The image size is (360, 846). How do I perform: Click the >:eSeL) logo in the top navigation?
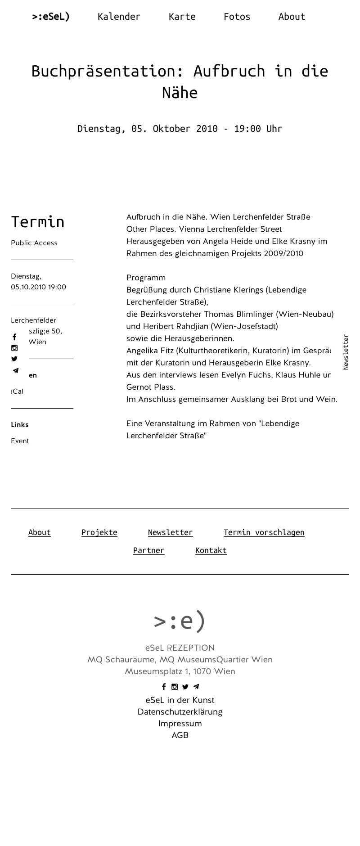[51, 17]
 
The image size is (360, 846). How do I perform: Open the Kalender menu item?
[119, 17]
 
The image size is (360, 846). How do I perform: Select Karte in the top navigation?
[182, 17]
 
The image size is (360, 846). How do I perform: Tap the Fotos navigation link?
[237, 17]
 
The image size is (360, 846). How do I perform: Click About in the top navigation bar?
[292, 17]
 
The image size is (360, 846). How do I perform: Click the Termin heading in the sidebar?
[38, 222]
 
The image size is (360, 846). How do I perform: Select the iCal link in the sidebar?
[17, 391]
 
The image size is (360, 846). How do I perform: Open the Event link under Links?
[20, 441]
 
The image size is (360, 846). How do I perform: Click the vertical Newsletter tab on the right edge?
[346, 352]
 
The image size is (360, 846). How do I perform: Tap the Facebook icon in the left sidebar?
[14, 337]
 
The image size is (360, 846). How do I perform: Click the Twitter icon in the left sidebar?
[14, 359]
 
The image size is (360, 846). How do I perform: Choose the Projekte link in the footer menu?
[99, 532]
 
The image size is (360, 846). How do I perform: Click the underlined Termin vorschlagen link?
[264, 532]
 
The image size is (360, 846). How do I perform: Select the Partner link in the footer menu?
[149, 550]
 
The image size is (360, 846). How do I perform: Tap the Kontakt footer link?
[211, 550]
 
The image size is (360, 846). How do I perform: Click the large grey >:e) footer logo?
[180, 621]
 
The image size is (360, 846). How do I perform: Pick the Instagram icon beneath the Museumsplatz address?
[175, 687]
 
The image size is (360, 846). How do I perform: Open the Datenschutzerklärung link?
[180, 712]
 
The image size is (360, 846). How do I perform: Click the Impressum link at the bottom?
[180, 724]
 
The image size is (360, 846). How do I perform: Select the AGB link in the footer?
[180, 735]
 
